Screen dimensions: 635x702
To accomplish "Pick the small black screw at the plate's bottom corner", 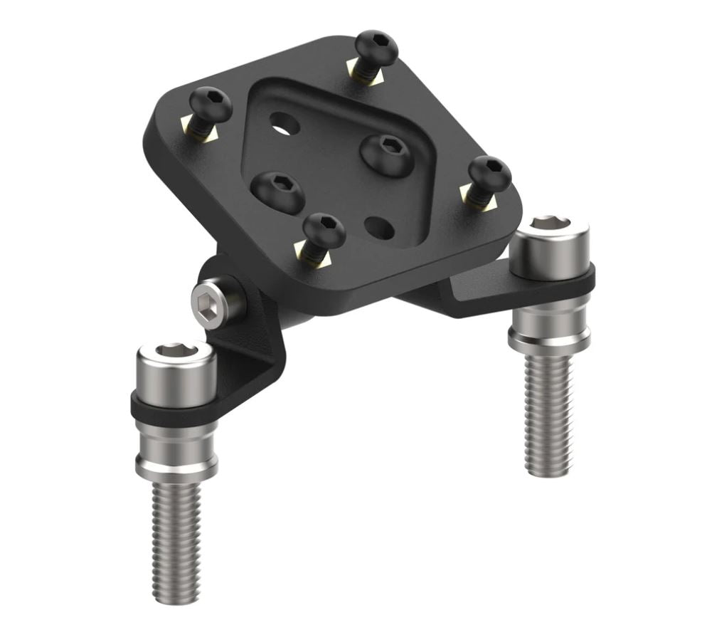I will coord(324,230).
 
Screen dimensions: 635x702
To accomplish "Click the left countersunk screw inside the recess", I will coord(277,191).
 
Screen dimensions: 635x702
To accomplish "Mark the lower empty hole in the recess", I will coord(379,228).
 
